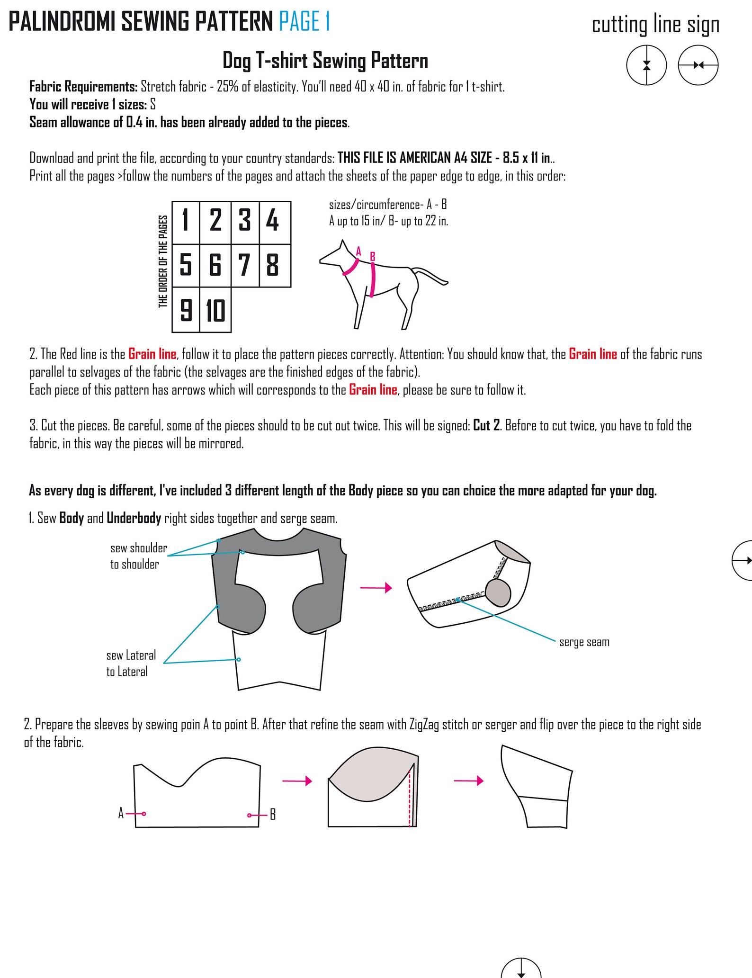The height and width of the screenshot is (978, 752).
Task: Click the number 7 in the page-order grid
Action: [244, 265]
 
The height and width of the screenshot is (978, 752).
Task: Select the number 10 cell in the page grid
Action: [215, 310]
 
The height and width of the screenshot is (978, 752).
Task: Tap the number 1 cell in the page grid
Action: [186, 223]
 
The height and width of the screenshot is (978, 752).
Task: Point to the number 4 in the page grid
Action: [272, 220]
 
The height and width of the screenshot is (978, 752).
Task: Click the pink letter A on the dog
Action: [358, 251]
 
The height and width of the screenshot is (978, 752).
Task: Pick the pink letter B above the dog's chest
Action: [373, 256]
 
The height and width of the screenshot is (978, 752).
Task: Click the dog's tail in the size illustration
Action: [431, 276]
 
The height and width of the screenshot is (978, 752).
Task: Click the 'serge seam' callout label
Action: [584, 643]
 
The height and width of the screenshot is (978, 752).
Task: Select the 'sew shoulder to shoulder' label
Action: [139, 556]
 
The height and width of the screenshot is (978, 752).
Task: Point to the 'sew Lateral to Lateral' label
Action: [131, 664]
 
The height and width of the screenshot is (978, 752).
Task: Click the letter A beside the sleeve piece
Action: [121, 814]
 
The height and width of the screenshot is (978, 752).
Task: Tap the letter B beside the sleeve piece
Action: [273, 815]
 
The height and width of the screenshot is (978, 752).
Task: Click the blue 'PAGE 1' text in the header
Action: [304, 22]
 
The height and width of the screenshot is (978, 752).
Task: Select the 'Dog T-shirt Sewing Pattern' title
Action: [325, 61]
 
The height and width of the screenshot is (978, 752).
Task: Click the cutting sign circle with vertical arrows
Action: [646, 65]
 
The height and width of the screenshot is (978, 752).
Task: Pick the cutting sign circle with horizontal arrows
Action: [698, 65]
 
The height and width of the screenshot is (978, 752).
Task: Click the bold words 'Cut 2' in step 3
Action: [486, 425]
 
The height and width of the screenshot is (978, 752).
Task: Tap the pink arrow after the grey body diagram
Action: [376, 588]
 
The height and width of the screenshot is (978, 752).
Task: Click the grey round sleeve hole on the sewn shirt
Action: [498, 593]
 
